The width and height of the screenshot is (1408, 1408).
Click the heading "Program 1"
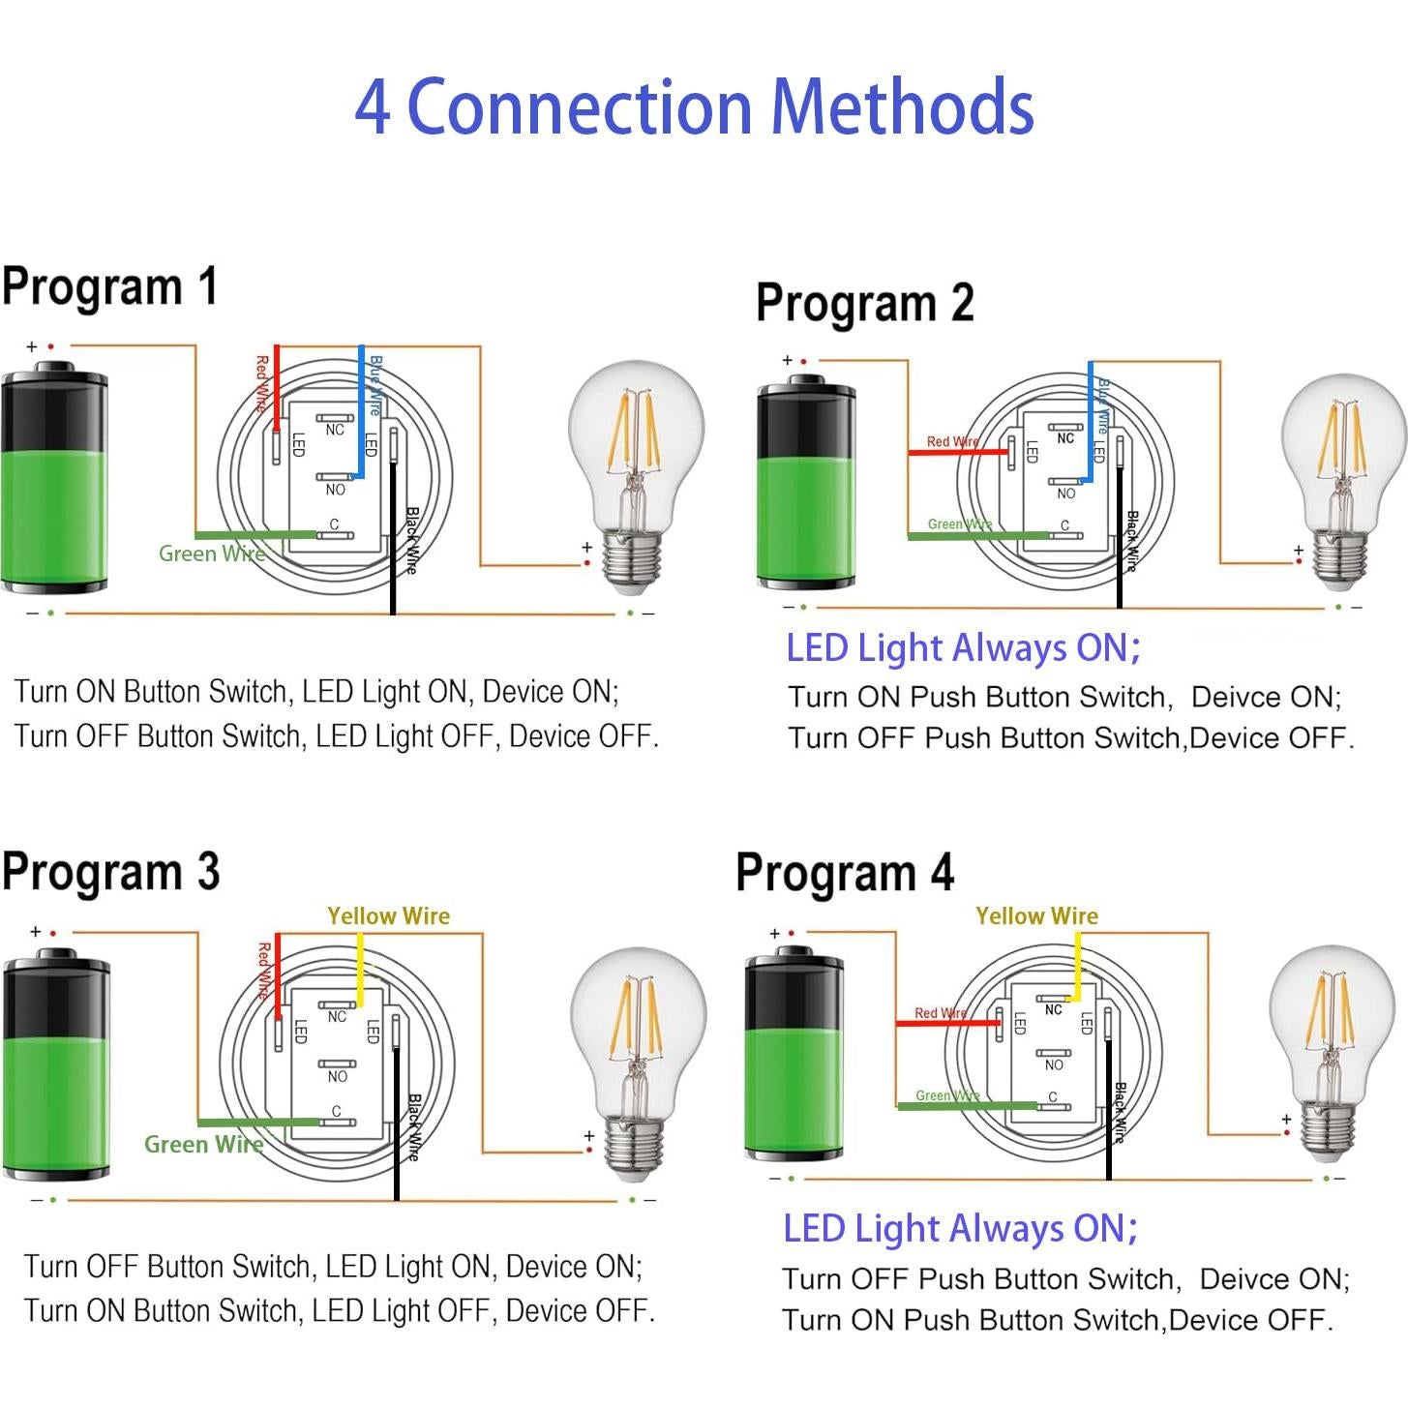click(x=109, y=287)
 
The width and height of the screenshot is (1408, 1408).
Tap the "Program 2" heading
click(x=864, y=303)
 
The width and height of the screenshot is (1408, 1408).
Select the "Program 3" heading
click(x=110, y=872)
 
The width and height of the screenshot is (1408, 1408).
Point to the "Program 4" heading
click(x=845, y=873)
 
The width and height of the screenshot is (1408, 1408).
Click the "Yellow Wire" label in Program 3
click(x=388, y=915)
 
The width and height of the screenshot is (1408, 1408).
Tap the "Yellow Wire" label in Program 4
click(x=1036, y=915)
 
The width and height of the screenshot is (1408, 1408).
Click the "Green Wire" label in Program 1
click(x=212, y=554)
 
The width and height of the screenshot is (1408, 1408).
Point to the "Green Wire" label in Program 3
click(x=203, y=1144)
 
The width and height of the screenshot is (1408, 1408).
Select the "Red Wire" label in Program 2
click(x=952, y=441)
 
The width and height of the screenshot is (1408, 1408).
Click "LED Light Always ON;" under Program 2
click(x=963, y=648)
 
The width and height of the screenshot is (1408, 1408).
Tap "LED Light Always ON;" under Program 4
click(x=960, y=1229)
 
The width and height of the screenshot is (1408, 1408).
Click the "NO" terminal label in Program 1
click(x=335, y=491)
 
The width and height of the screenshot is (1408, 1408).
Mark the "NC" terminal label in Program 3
click(x=337, y=1017)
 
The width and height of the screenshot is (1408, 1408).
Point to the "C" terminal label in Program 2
click(x=1064, y=525)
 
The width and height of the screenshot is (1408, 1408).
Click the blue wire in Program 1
click(x=361, y=416)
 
